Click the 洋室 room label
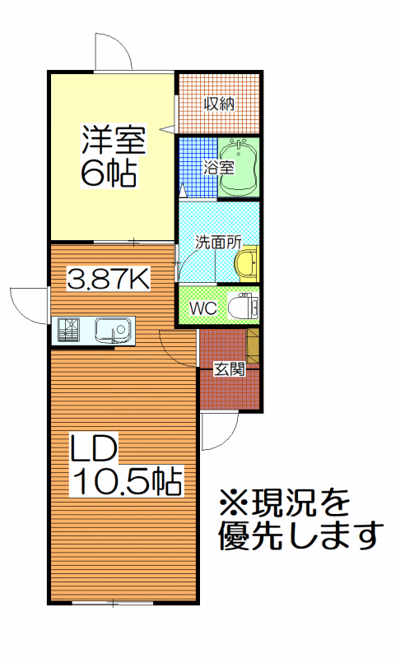click(x=114, y=140)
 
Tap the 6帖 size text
click(x=109, y=172)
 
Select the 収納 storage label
click(x=219, y=104)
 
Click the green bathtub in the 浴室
click(x=238, y=168)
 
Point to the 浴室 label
click(x=218, y=168)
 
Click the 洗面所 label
click(x=218, y=242)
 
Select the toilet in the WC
click(x=243, y=307)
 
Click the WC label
click(x=202, y=308)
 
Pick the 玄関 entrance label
click(x=229, y=369)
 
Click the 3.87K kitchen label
click(x=109, y=279)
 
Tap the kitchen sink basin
click(x=113, y=330)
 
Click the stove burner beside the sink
click(x=68, y=330)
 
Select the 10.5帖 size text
click(x=127, y=481)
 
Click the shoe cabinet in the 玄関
click(x=253, y=346)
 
